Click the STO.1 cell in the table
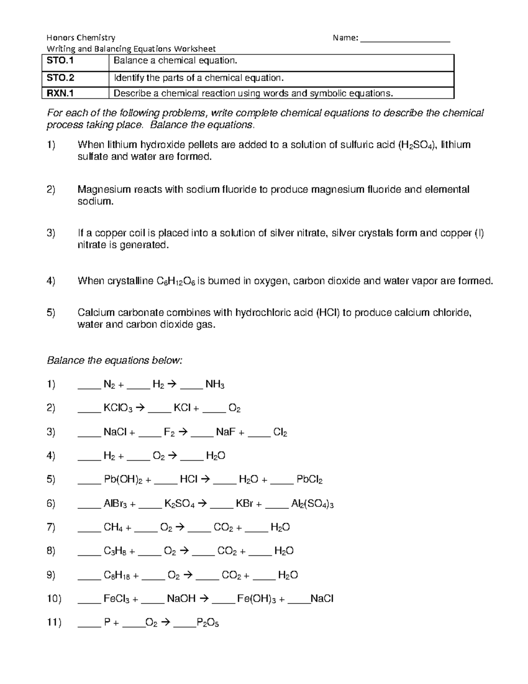61,61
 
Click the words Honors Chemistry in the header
81,38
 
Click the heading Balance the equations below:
114,361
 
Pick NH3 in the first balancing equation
215,385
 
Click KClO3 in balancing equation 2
118,408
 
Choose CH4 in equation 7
113,528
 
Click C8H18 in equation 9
117,575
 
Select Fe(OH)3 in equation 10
257,599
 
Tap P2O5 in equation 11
208,623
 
